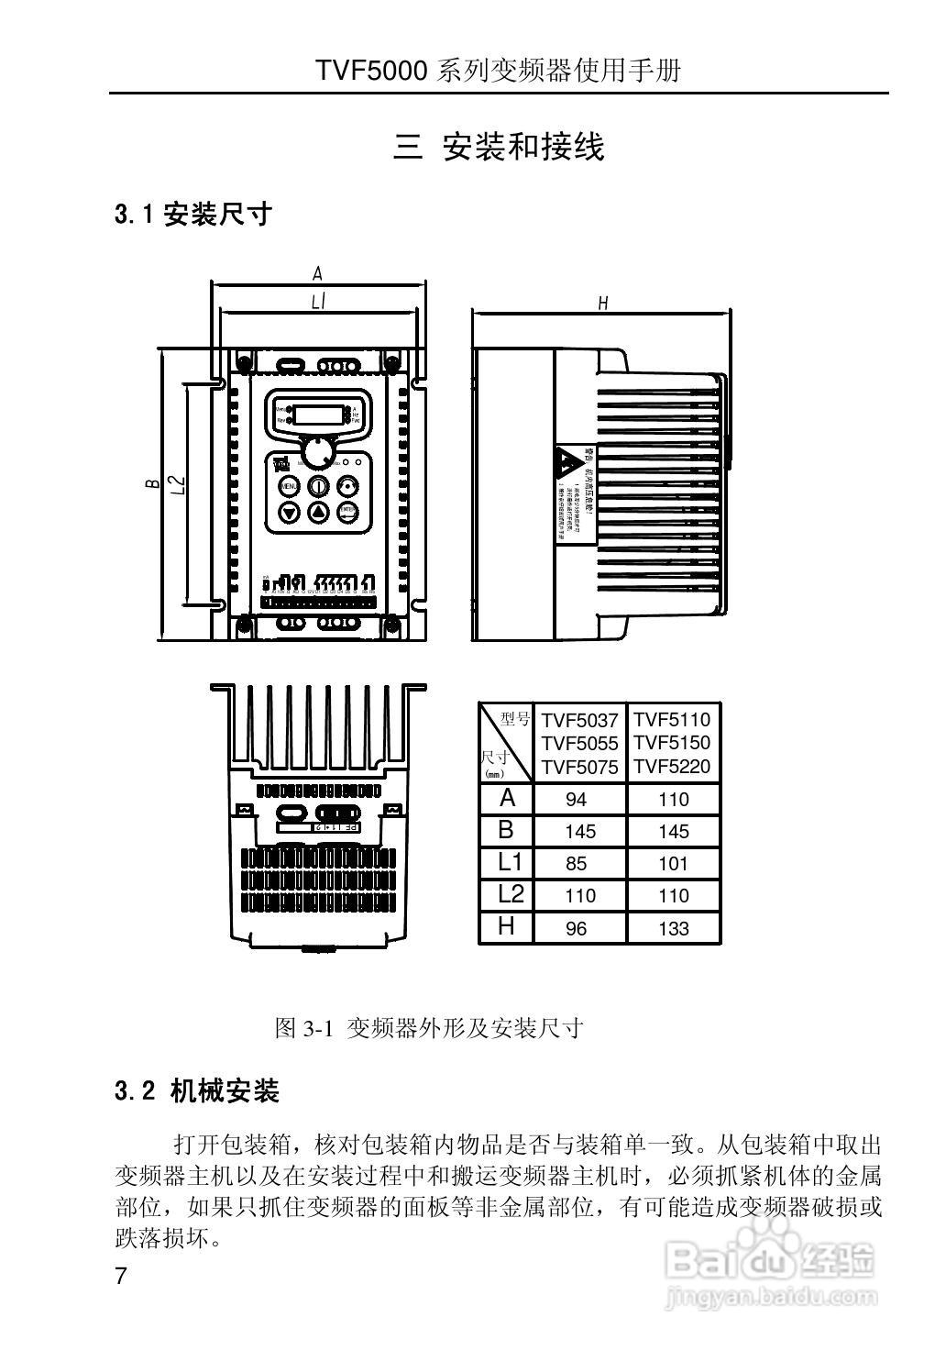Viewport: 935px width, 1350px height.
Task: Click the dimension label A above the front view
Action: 318,273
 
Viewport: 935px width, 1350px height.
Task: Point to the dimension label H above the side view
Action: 603,303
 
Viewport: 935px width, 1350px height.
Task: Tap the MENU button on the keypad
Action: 288,486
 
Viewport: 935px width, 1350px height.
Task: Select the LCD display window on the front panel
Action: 317,413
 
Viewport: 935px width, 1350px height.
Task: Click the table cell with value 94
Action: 577,800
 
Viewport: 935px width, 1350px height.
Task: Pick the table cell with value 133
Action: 673,928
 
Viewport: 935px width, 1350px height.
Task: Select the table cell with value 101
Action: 673,864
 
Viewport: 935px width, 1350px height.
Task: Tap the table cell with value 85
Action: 577,864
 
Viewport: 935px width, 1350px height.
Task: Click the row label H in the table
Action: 506,926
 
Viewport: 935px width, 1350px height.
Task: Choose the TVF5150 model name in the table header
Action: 672,743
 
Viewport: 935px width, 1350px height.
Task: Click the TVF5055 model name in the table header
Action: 579,744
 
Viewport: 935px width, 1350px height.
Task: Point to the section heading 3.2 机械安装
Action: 197,1091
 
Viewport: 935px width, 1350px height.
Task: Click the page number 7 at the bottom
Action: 120,1278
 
